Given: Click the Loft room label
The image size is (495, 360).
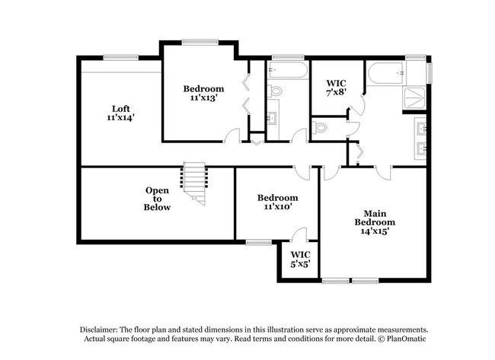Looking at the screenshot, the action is click(121, 109).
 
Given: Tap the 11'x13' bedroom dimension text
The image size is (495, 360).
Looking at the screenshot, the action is click(203, 98).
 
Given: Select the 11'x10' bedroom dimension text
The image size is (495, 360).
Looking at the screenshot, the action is click(277, 207).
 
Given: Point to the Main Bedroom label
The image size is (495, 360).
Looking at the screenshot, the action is click(375, 218).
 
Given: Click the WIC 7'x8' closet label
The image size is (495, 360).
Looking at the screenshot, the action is click(336, 88).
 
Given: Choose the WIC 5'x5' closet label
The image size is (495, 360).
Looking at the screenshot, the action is click(300, 259).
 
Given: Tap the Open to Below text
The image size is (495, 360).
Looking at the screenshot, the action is click(157, 199).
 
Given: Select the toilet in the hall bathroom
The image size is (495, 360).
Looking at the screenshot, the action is click(274, 91).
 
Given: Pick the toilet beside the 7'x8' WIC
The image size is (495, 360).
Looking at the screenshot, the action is click(319, 128).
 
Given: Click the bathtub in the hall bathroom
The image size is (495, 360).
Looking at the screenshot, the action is click(287, 70).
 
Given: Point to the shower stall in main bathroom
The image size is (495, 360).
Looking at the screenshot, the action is click(414, 98).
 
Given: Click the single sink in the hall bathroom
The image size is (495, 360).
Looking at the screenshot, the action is click(271, 118).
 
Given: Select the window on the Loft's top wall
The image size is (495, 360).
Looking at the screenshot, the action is click(121, 57).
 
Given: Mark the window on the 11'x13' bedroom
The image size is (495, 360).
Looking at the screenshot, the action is click(200, 42).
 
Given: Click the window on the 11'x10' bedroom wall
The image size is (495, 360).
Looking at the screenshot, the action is click(259, 242).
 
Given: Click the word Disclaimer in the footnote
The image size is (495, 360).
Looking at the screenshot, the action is click(99, 330).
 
